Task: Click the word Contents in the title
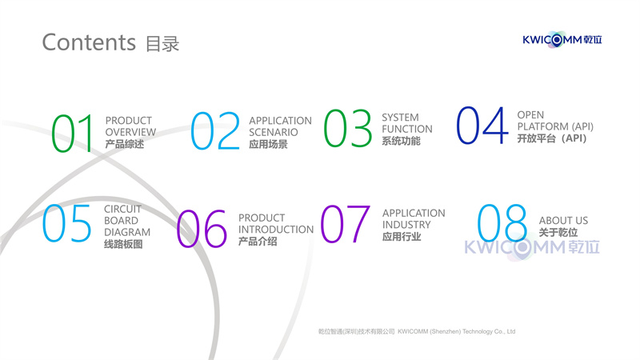point(89,42)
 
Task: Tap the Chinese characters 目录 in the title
point(162,44)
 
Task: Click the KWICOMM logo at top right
point(562,39)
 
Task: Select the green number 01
point(73,133)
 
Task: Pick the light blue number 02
point(215,131)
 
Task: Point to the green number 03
point(348,128)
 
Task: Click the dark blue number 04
point(482,126)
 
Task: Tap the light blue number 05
point(66,223)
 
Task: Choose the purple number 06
point(202,229)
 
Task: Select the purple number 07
point(346,224)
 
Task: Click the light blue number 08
point(502,223)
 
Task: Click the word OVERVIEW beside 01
point(130,132)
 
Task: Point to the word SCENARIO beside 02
point(274,132)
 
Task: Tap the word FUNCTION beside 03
point(407,129)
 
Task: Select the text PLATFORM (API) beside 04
point(555,126)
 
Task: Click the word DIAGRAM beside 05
point(127,232)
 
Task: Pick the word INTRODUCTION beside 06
point(276,230)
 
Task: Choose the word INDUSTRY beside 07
point(406,225)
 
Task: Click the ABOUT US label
point(564,221)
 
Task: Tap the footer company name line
point(417,331)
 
